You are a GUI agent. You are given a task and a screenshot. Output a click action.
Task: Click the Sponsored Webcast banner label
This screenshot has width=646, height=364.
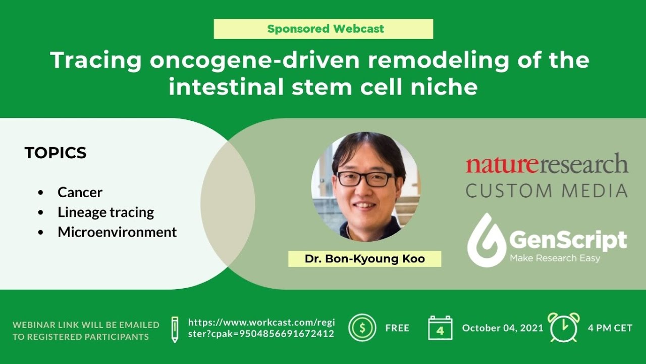[324, 29]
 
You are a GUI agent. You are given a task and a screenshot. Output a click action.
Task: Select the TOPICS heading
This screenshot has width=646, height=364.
[56, 153]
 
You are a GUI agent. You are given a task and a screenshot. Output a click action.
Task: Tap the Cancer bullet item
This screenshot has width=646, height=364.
[80, 192]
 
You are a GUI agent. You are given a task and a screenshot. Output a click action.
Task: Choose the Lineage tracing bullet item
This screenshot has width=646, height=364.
[105, 212]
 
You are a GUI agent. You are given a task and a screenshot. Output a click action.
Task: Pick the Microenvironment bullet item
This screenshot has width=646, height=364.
[117, 232]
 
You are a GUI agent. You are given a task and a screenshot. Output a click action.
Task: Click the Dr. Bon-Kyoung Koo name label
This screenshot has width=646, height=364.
[364, 259]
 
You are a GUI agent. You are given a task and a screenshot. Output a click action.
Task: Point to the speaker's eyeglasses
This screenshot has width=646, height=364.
[365, 178]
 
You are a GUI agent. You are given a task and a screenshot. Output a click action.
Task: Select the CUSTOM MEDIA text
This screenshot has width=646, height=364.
[547, 191]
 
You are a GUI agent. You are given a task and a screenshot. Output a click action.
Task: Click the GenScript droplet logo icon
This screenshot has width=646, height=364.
[486, 241]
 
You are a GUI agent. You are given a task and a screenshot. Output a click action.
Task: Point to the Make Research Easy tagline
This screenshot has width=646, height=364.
[555, 258]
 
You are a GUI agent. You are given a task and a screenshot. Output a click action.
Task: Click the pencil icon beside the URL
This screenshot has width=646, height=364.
[175, 329]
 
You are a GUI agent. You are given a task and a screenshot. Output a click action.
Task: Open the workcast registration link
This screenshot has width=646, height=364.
[261, 328]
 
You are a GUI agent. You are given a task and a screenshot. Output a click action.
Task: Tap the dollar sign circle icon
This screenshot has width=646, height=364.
[362, 328]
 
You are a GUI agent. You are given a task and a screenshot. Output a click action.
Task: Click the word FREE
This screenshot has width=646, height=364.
[397, 328]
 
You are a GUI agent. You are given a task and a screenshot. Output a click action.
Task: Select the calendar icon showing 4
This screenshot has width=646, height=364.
[440, 329]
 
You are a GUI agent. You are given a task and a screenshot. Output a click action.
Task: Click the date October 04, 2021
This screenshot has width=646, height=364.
[503, 328]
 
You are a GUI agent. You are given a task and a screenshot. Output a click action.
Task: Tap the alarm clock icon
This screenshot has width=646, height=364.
[563, 328]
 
